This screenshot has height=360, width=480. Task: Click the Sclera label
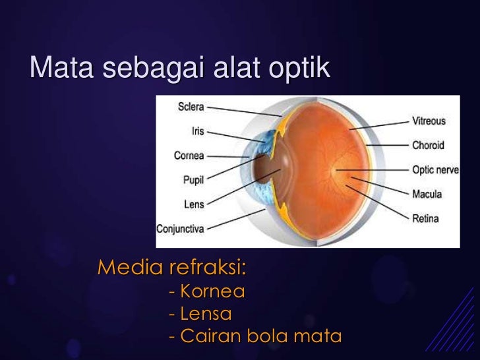[x=191, y=107]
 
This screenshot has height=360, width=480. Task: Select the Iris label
[x=197, y=131]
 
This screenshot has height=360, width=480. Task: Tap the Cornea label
[x=189, y=156]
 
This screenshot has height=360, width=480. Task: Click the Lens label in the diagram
[x=194, y=204]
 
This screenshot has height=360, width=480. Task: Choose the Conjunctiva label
[x=180, y=229]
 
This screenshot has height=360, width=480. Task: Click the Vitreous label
[x=429, y=121]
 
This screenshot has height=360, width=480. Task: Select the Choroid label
[x=428, y=145]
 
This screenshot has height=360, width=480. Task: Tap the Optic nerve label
[x=435, y=169]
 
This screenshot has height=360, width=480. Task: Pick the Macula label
[x=427, y=194]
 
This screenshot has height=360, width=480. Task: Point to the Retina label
[x=425, y=218]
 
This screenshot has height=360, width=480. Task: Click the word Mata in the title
[x=56, y=67]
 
